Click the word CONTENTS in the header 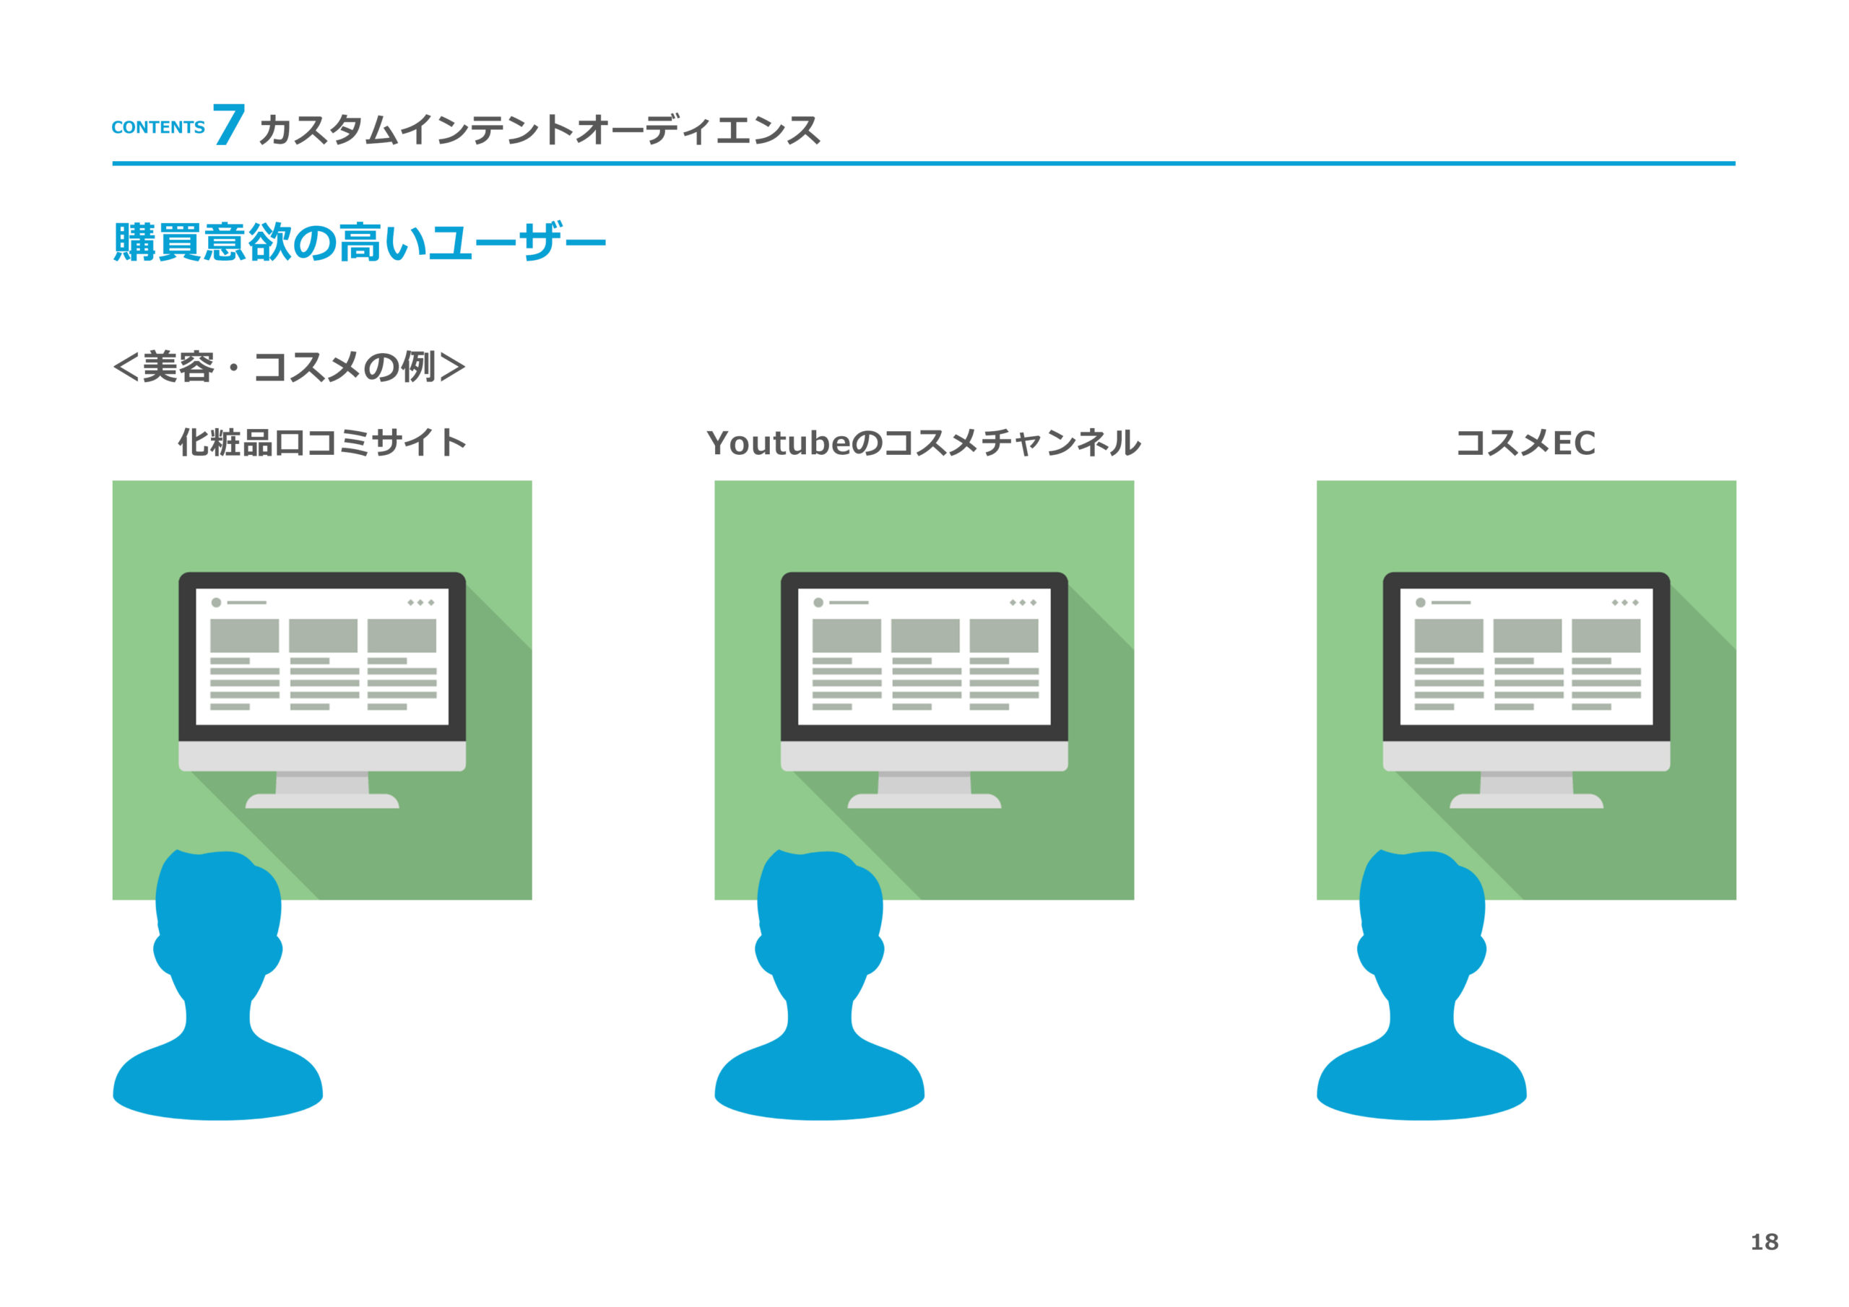coord(158,127)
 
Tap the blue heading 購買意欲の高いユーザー coord(359,242)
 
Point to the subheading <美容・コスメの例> coord(289,368)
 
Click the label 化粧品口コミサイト coord(322,443)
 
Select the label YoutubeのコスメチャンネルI coord(924,443)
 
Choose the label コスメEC coord(1525,443)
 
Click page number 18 coord(1764,1242)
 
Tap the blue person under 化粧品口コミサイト coord(217,991)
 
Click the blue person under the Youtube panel coord(819,991)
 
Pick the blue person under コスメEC coord(1421,991)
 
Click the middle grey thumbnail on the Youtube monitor coord(924,635)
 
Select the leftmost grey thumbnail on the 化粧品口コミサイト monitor coord(244,635)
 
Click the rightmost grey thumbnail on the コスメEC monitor coord(1605,635)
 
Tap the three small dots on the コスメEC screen coord(1624,602)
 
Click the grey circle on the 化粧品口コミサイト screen coord(216,602)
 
